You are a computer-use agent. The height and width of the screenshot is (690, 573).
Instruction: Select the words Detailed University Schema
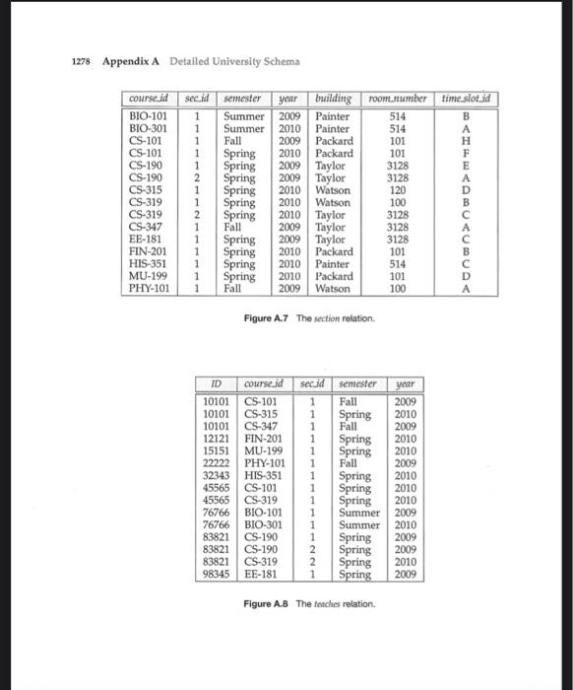(x=234, y=62)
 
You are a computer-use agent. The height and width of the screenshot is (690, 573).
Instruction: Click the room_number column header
(x=398, y=100)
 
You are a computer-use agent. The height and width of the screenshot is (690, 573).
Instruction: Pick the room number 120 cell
(x=398, y=190)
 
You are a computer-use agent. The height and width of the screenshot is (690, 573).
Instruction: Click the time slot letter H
(x=466, y=141)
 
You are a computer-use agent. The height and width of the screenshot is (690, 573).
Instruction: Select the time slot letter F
(x=466, y=154)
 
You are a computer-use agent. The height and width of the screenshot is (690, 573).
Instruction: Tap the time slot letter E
(x=466, y=167)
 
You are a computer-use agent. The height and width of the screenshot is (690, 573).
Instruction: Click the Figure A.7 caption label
(x=266, y=318)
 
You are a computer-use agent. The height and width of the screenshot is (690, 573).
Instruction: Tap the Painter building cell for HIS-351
(x=333, y=264)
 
